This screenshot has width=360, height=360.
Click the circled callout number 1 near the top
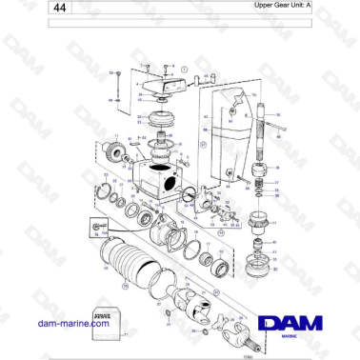[x=184, y=70]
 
